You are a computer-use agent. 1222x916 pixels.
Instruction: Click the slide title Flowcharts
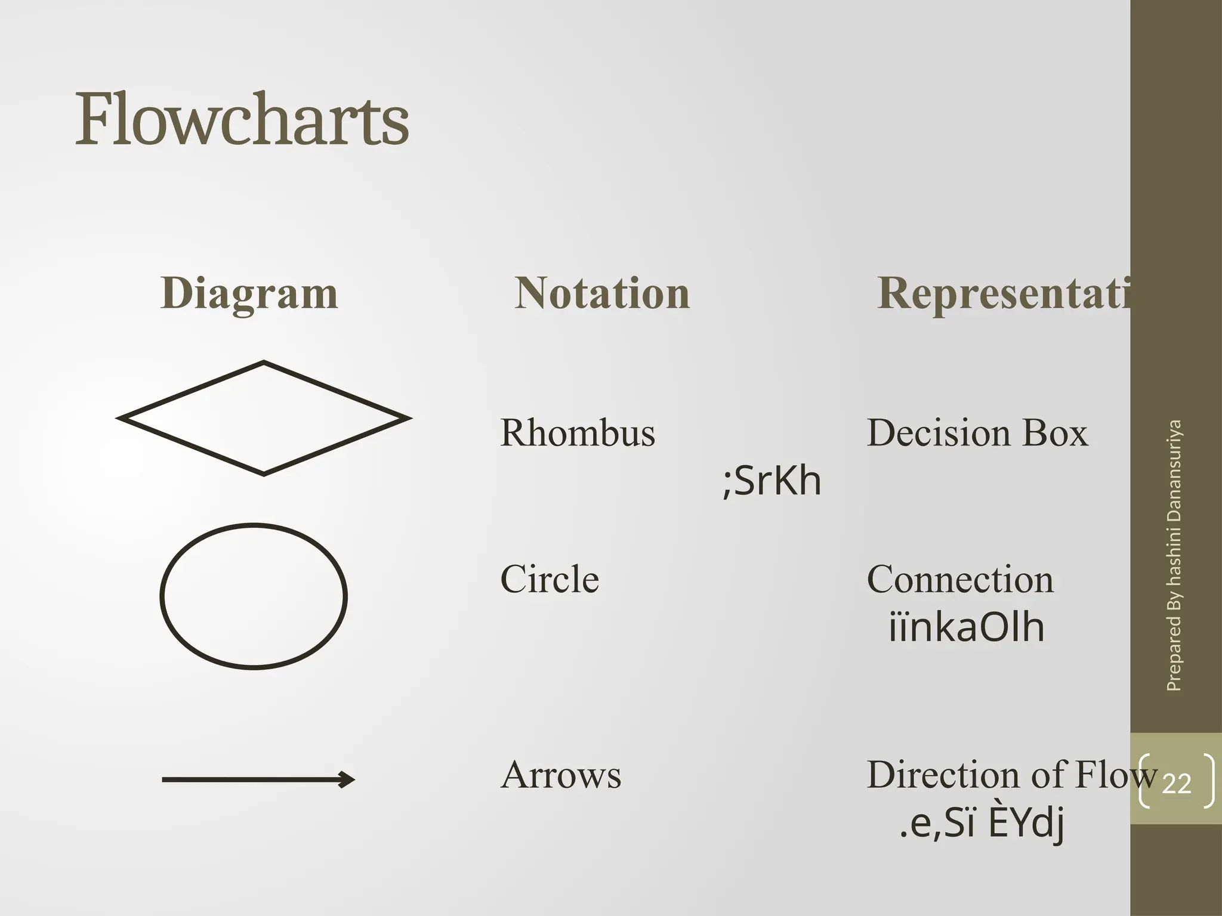242,119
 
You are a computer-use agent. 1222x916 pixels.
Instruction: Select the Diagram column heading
249,293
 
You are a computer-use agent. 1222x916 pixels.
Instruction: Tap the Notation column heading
602,293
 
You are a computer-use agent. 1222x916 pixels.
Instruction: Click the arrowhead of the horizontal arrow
347,779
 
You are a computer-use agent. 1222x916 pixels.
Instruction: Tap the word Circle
550,579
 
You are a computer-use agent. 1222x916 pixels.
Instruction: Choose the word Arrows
561,775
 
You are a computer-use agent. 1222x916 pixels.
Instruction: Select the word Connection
960,579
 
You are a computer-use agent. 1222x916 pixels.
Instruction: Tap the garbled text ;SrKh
772,481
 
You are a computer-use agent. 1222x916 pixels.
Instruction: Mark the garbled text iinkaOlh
967,627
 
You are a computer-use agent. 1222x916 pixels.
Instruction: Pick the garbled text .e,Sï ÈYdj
982,823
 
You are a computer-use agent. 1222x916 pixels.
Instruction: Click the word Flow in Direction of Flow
1116,775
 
